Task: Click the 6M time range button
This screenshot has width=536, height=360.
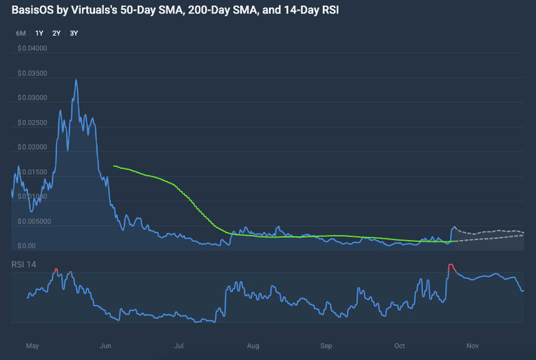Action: [x=21, y=34]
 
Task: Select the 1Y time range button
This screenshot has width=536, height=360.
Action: [x=39, y=34]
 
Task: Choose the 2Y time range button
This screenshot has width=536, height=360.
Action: [x=56, y=34]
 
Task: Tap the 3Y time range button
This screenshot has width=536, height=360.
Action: [x=74, y=34]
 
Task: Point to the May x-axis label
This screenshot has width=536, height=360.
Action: [x=31, y=346]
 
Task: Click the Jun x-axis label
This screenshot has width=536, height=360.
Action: [x=106, y=346]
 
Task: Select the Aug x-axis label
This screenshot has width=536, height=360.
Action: [x=252, y=346]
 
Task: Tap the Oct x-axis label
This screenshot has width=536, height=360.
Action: [x=399, y=346]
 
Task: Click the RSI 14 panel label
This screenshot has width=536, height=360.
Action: [x=24, y=265]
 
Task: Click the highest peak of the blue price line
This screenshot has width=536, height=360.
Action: [x=76, y=80]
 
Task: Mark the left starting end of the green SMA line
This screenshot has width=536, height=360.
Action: [x=114, y=166]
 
